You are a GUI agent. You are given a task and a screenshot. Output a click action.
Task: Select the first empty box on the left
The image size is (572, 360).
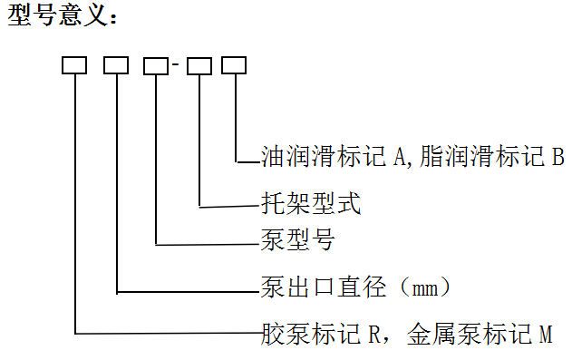point(74,65)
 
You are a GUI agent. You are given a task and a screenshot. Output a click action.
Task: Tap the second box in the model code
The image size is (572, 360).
point(116,65)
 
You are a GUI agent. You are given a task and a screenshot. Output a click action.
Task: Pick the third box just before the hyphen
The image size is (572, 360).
point(156,65)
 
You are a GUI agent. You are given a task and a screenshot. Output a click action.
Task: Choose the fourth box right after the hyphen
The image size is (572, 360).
point(199,65)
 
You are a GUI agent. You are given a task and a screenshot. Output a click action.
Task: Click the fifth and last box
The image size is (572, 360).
point(234,65)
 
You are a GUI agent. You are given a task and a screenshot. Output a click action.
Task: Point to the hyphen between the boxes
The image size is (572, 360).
point(178,66)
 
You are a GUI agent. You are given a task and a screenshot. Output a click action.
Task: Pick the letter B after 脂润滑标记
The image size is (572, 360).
point(557,156)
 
